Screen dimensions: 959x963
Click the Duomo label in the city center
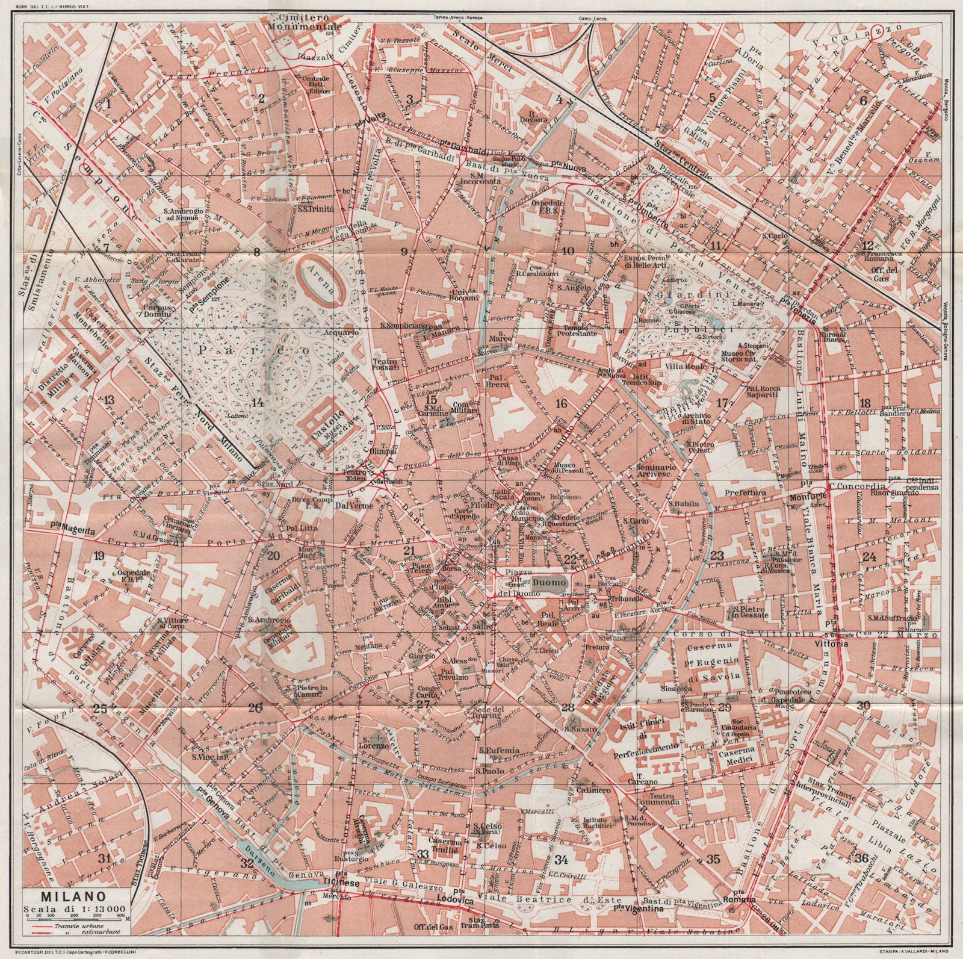[x=550, y=583]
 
